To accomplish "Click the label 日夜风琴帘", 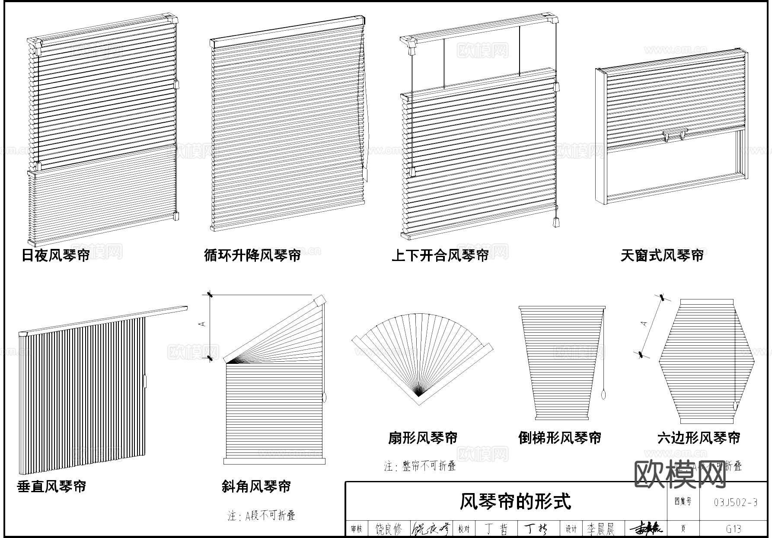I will click(56, 255).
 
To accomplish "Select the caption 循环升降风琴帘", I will click(252, 255).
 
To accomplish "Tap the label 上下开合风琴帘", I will click(440, 255).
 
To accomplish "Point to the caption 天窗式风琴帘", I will click(662, 255).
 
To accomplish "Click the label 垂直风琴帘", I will click(52, 487).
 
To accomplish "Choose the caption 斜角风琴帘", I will click(256, 487).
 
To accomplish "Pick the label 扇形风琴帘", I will click(423, 438).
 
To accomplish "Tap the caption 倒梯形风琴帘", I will click(560, 438).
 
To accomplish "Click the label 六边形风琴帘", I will click(699, 438).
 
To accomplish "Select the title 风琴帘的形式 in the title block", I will click(515, 502).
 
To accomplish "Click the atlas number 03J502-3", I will click(736, 502).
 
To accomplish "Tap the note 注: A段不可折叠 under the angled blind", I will click(262, 516).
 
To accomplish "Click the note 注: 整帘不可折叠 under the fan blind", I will click(420, 466).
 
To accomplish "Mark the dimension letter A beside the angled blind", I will click(204, 324).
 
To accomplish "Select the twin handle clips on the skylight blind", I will click(674, 135).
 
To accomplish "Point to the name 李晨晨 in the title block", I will click(600, 529).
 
